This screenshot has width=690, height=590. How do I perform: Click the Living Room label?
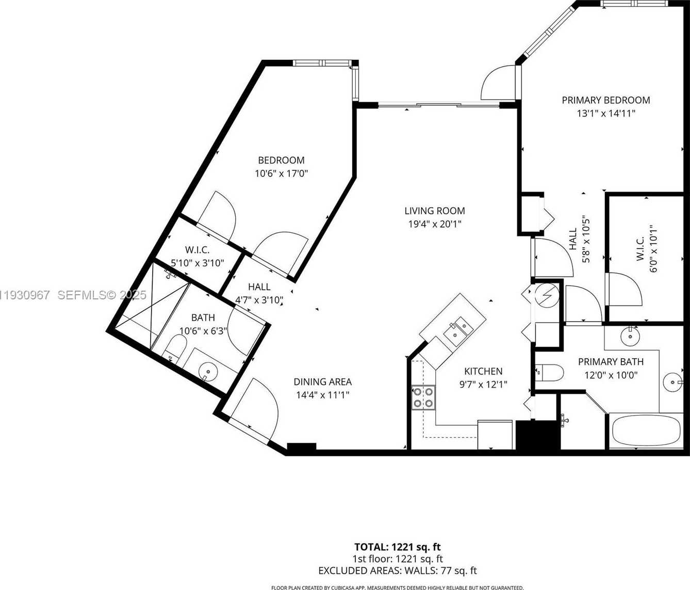(x=434, y=211)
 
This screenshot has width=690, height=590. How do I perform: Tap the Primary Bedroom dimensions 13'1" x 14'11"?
(x=605, y=113)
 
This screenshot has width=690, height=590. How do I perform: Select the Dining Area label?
(x=322, y=382)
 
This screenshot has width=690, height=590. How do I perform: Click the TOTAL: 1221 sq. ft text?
(x=397, y=547)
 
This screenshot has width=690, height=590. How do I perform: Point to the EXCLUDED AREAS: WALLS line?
(x=397, y=570)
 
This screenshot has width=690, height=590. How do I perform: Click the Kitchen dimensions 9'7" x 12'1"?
(x=483, y=384)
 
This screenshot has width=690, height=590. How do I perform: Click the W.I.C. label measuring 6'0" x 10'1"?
(x=640, y=248)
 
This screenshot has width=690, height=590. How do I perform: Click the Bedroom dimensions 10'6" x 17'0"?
(x=281, y=173)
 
